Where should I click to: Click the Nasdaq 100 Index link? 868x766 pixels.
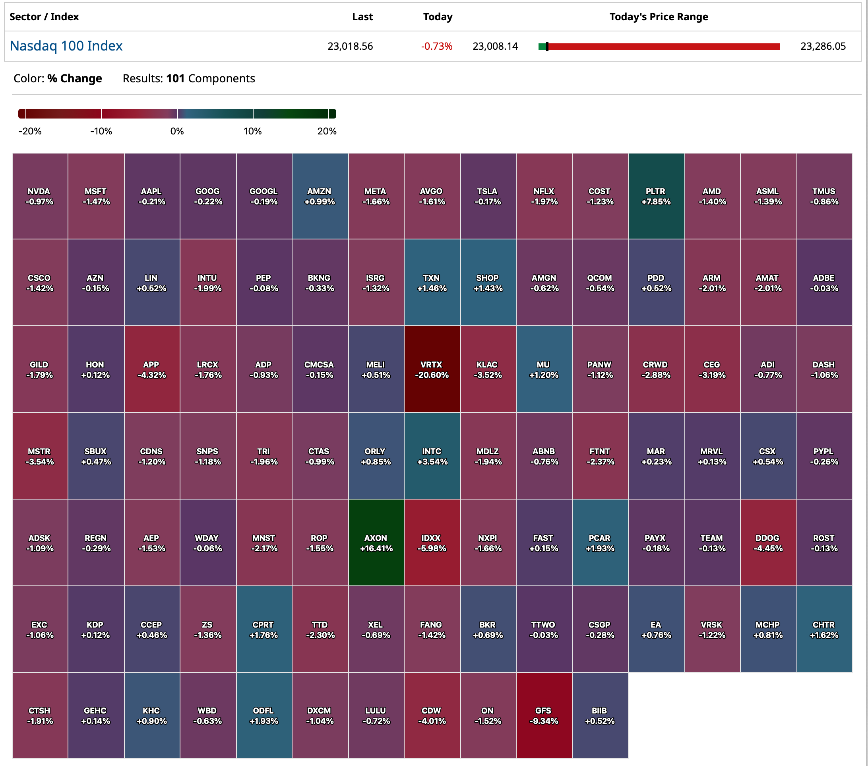click(66, 46)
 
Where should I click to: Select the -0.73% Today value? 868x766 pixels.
click(436, 46)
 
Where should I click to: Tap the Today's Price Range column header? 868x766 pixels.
click(658, 17)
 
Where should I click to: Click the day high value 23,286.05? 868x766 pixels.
click(823, 46)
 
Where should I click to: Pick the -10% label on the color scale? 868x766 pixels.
click(101, 131)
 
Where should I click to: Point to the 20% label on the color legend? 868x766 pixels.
click(327, 131)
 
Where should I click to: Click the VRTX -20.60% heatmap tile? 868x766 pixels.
click(432, 369)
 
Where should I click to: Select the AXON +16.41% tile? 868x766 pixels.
click(376, 542)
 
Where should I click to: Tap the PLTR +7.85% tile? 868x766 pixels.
click(656, 196)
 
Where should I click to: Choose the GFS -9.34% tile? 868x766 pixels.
click(544, 715)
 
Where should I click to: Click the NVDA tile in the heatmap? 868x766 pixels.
click(39, 196)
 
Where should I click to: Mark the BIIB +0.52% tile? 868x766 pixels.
click(600, 715)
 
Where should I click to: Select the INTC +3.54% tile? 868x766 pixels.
click(432, 456)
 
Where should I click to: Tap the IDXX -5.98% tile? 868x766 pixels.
click(432, 542)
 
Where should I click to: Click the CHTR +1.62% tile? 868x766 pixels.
click(824, 629)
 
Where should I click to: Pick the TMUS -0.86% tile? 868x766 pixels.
click(824, 196)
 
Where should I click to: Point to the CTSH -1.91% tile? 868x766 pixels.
click(39, 715)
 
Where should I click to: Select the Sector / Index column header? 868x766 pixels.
click(44, 17)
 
